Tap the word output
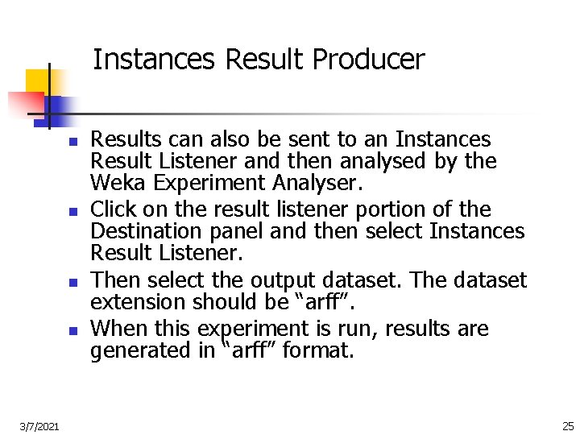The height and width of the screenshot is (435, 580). coord(280,280)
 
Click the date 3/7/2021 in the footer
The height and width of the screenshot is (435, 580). coord(38,425)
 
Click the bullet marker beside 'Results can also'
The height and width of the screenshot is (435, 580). coord(72,142)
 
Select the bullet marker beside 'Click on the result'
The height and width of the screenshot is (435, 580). coord(72,212)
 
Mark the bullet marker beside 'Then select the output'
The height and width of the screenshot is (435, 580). coord(72,283)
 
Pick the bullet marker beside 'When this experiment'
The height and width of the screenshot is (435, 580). coord(72,330)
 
